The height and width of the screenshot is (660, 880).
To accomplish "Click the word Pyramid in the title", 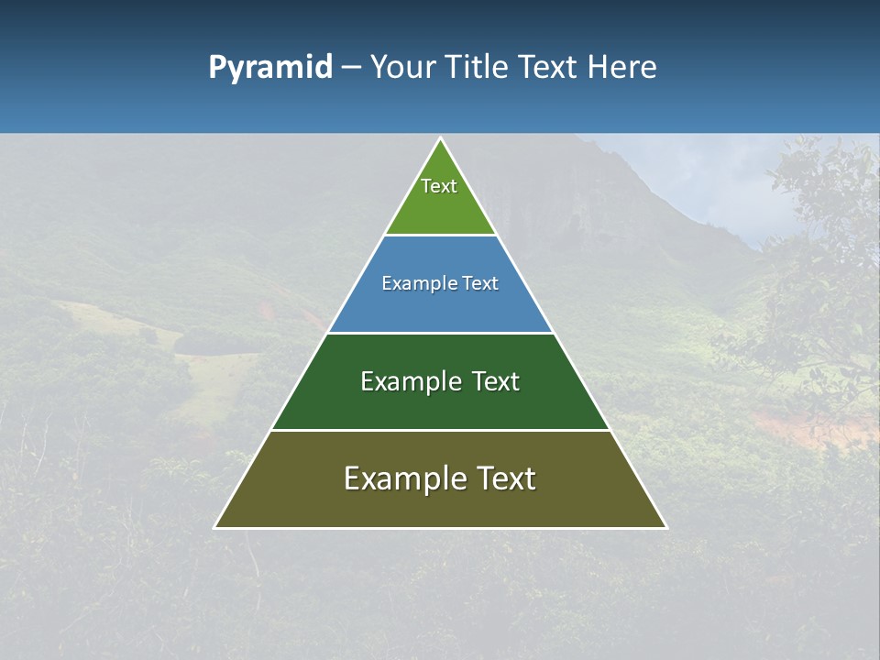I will coord(270,68).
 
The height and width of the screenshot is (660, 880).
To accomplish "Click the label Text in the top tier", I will coord(439,186).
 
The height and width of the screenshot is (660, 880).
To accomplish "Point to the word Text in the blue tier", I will coord(481,284).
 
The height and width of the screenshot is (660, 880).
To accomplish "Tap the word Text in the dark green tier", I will coord(496,381).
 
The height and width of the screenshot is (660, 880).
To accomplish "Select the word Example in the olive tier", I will coord(398,478).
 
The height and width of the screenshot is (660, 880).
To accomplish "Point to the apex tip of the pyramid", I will coord(441,139).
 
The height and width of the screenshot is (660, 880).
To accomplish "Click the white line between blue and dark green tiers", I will coord(440,333).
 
